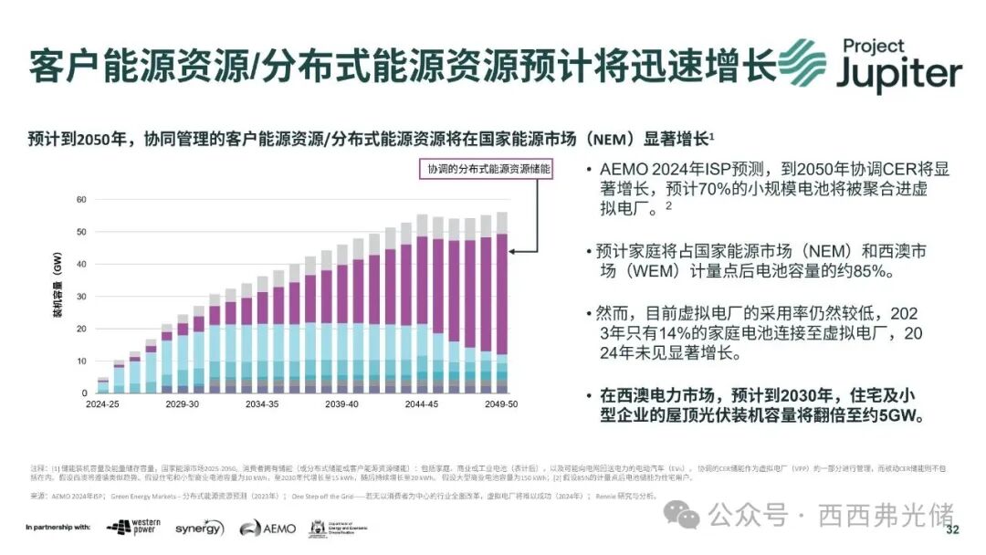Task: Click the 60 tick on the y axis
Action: click(81, 199)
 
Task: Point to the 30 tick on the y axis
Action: click(81, 296)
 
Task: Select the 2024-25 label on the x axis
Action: click(103, 403)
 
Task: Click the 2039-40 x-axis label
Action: click(341, 403)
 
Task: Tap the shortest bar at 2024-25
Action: click(103, 385)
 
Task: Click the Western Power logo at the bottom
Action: click(132, 528)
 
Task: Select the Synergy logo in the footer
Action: click(199, 528)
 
